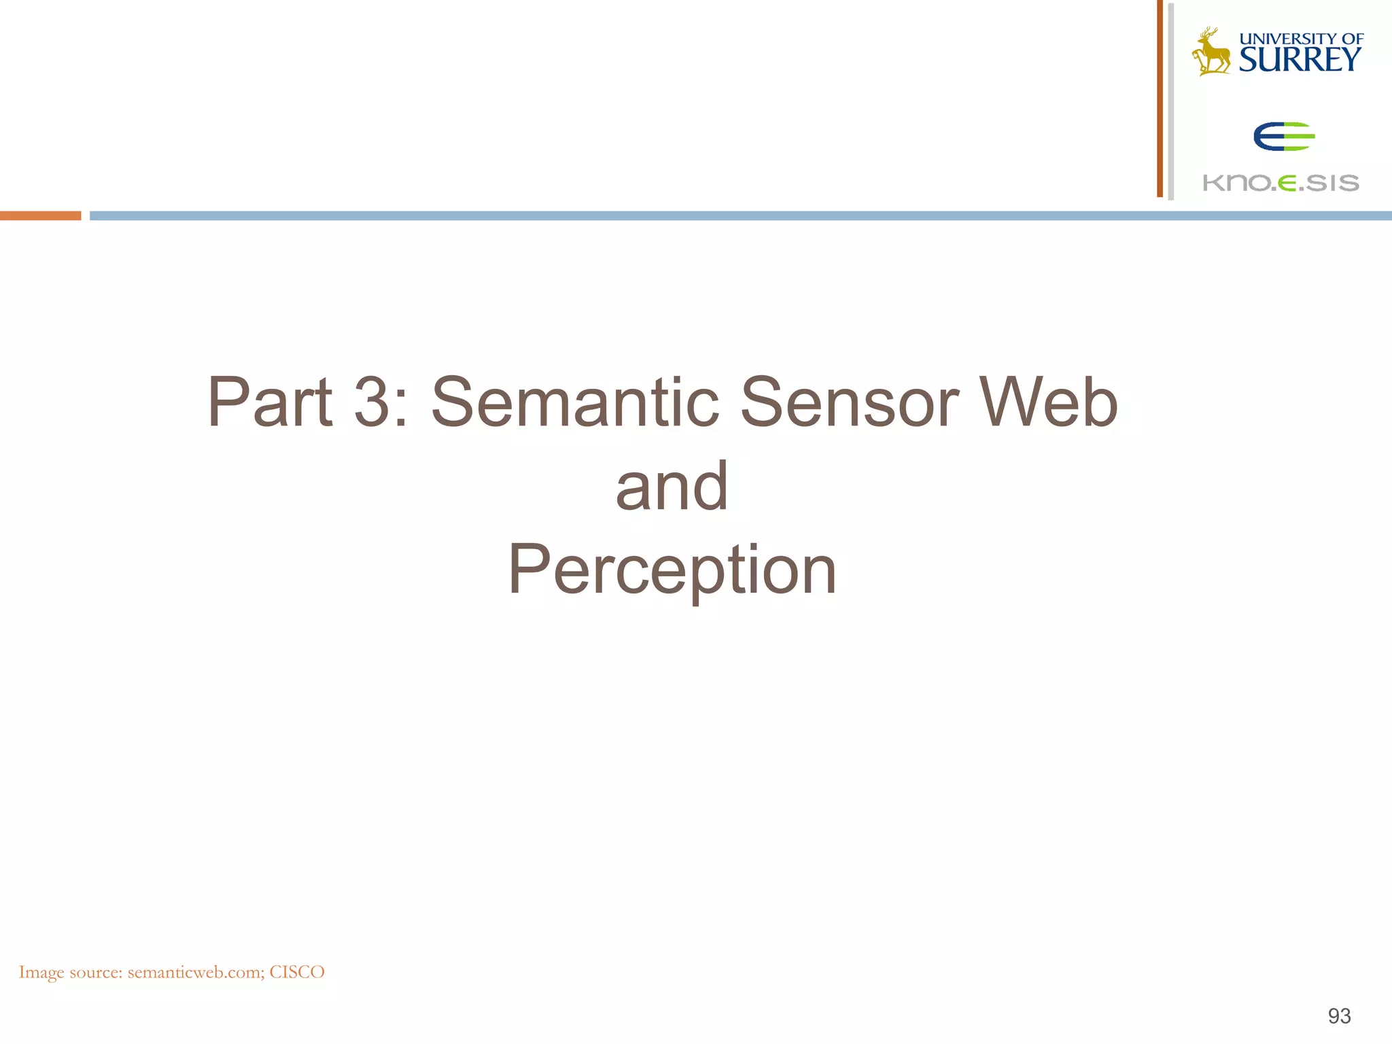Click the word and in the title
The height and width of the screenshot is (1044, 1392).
[672, 486]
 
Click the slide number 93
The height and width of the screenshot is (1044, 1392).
[1339, 1015]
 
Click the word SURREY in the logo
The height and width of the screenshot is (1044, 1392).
[1300, 60]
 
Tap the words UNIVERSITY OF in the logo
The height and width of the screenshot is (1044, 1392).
[1301, 39]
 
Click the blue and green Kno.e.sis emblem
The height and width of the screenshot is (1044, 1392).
[1283, 137]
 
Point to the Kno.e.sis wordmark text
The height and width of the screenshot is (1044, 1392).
[1281, 183]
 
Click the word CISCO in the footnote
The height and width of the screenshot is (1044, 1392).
[297, 972]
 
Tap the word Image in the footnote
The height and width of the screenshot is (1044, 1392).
[41, 972]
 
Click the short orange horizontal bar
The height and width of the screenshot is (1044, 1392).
[40, 216]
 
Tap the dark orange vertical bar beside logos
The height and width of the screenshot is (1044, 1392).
[1160, 99]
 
